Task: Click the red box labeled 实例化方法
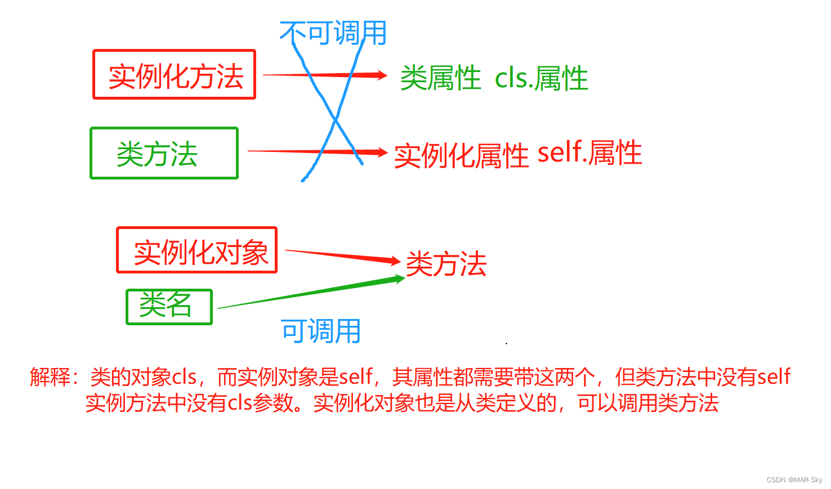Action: tap(175, 75)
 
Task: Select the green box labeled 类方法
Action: tap(164, 154)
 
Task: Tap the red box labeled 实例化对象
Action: tap(197, 251)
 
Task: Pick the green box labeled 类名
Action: tap(169, 307)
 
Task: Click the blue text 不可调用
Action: tap(333, 33)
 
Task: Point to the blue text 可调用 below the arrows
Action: tap(321, 330)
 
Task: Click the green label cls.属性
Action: tap(541, 78)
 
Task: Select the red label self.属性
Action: tap(589, 153)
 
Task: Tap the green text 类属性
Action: tap(440, 78)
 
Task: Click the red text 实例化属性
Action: tap(461, 155)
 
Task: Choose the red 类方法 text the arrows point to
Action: tap(446, 264)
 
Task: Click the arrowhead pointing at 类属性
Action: tap(382, 75)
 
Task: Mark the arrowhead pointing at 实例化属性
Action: tap(382, 152)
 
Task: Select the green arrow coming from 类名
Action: tap(310, 293)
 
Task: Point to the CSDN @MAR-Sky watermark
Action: tap(794, 480)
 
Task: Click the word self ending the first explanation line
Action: tap(774, 376)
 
